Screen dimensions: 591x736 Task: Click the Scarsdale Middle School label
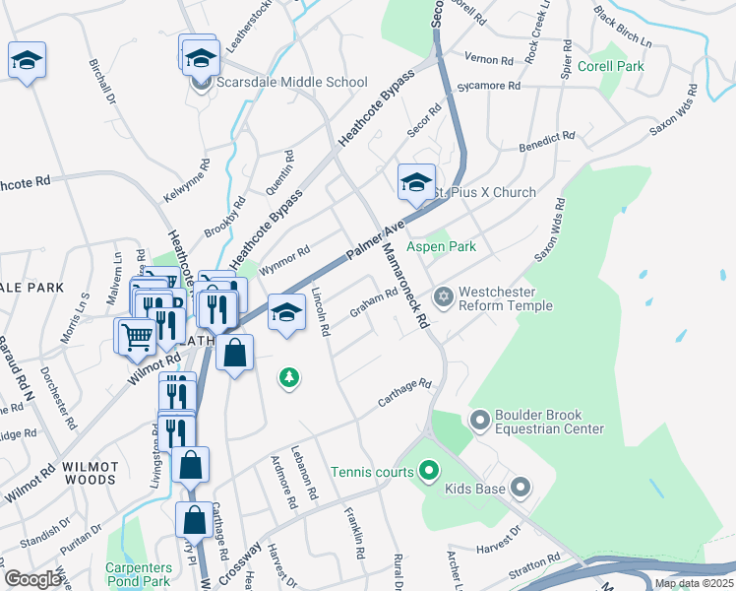(x=279, y=83)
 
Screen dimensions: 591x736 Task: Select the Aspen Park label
(x=442, y=246)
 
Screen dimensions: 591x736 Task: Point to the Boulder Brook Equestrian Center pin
(x=479, y=421)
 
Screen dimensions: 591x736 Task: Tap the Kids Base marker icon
(x=521, y=489)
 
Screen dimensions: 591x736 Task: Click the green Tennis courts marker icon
(x=428, y=472)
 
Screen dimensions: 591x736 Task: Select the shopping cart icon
(x=136, y=337)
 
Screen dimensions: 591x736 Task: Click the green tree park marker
(x=288, y=377)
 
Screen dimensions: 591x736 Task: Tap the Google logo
(x=32, y=579)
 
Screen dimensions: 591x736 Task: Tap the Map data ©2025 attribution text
(x=693, y=583)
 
